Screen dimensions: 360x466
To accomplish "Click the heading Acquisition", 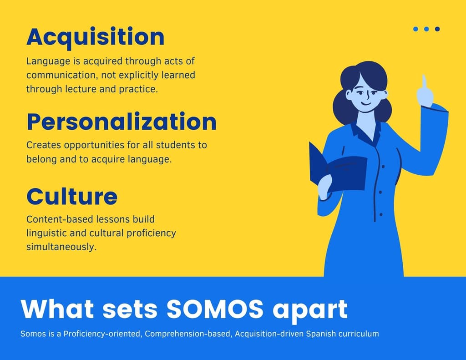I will [x=96, y=37].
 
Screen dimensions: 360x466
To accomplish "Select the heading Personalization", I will [x=122, y=122].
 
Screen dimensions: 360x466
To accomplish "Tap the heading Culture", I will [x=72, y=196].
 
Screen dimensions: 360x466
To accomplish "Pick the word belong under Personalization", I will [x=41, y=160].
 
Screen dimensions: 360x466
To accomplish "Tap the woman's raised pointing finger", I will [x=424, y=82].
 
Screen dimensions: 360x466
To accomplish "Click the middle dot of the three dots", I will [x=426, y=29].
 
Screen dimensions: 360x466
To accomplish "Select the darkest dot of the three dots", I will [x=437, y=29].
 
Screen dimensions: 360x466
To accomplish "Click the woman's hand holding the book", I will [x=325, y=187].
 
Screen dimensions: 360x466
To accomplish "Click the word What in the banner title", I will [x=58, y=309].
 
